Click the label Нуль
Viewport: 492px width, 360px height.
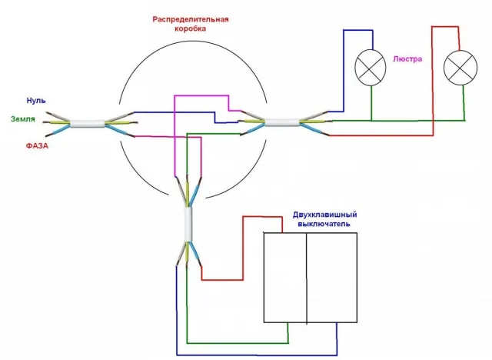pos(36,101)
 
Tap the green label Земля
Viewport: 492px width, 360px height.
pos(23,119)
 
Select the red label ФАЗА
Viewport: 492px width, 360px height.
pos(37,146)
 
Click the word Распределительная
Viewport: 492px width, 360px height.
pos(191,19)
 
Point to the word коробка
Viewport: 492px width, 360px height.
pos(190,28)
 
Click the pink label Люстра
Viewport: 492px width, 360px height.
pos(407,59)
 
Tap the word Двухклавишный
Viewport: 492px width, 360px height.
pos(324,215)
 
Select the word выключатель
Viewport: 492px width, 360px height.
pos(324,224)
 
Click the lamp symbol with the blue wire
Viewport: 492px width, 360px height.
pos(371,68)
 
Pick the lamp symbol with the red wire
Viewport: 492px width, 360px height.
pos(460,68)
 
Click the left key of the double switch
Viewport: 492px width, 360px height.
pos(285,278)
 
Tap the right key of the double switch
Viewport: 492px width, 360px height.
pos(331,278)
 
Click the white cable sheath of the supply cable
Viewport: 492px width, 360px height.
pos(87,123)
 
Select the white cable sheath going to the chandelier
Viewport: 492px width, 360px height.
pos(282,122)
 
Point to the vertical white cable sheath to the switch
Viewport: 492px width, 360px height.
pos(188,224)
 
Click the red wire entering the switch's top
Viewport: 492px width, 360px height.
pos(243,248)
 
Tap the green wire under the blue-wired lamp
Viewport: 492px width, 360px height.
pos(371,103)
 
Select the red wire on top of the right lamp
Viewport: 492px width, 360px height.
pos(433,82)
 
